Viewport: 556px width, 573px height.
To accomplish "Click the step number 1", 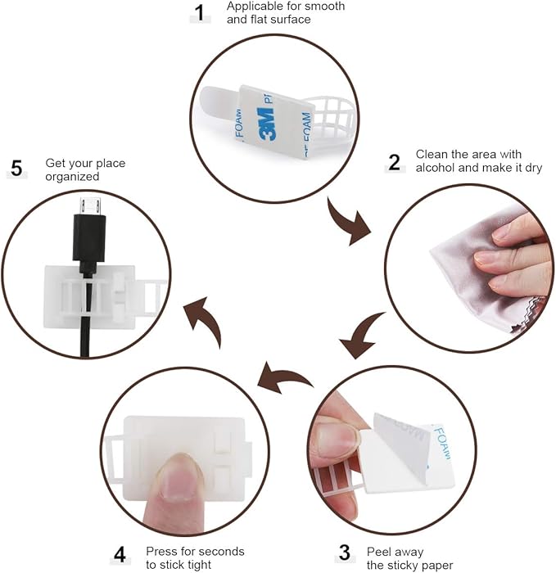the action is click(200, 14).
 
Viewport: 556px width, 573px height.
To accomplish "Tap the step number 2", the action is click(394, 163).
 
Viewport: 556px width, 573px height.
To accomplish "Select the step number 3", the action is click(345, 553).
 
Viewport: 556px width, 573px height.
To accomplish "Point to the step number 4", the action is click(120, 555).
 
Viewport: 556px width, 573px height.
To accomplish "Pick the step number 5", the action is click(17, 169).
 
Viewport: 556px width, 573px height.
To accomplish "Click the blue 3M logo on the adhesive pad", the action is click(266, 124).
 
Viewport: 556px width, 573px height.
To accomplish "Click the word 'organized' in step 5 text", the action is click(72, 177).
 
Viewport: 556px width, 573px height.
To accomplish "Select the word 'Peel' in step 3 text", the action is click(378, 552).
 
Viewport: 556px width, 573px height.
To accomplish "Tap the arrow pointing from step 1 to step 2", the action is click(346, 223).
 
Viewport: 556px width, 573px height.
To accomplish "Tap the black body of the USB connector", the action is click(89, 238).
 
